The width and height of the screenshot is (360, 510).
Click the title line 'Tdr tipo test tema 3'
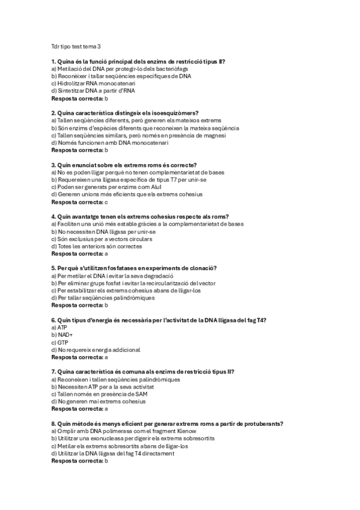tap(76, 46)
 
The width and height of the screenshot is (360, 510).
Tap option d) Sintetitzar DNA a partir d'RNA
tap(93, 91)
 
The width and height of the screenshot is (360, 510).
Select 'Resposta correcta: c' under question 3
tap(79, 202)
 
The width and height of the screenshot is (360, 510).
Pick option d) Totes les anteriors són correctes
tap(97, 246)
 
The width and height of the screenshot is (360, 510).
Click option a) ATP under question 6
tap(59, 327)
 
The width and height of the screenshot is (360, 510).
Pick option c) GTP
tap(59, 342)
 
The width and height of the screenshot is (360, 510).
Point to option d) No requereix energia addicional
tap(96, 349)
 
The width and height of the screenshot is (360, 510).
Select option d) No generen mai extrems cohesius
tap(99, 401)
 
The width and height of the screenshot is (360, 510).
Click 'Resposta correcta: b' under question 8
tap(79, 460)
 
